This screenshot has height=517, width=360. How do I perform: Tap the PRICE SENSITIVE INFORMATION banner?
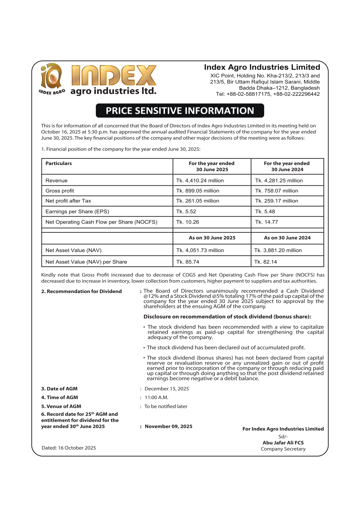[x=180, y=111]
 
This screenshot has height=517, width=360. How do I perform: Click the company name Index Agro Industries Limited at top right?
[x=262, y=67]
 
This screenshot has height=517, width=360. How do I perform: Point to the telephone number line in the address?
[x=267, y=94]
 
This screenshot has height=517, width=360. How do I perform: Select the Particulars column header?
[x=59, y=163]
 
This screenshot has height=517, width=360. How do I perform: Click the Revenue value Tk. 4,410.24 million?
[x=200, y=180]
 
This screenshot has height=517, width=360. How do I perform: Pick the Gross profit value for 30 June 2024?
[x=276, y=191]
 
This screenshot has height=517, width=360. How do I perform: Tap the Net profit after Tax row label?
[x=68, y=201]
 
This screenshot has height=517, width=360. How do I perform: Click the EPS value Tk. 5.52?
[x=186, y=211]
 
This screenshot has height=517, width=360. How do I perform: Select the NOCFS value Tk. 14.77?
[x=266, y=222]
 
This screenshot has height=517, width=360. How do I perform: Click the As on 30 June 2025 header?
[x=212, y=238]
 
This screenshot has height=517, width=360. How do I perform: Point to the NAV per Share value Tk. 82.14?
[x=265, y=262]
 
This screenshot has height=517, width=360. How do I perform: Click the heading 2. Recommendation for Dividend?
[x=81, y=291]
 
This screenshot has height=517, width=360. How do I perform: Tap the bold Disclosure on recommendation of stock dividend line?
[x=227, y=317]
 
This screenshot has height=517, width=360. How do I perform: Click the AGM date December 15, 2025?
[x=167, y=389]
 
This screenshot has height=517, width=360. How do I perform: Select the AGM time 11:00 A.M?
[x=156, y=397]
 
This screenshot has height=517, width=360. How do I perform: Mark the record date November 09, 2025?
[x=168, y=426]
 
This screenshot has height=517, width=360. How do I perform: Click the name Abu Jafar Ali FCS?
[x=283, y=443]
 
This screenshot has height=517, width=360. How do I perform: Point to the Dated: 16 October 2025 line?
[x=69, y=448]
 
